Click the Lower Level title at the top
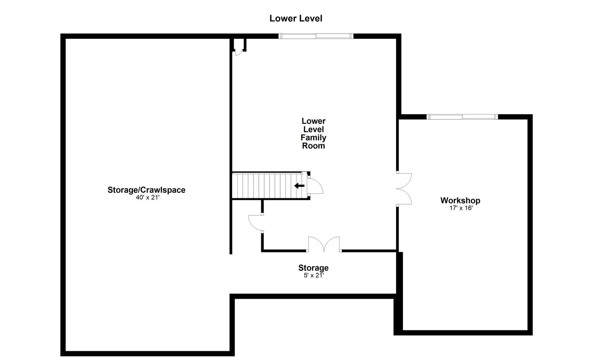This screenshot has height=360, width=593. (296, 19)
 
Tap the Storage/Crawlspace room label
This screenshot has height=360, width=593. (146, 190)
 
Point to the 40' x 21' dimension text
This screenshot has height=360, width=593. (147, 198)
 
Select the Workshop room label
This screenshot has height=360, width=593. (461, 201)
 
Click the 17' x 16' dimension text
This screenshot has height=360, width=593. (461, 208)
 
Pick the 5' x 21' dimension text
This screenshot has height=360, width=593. (314, 275)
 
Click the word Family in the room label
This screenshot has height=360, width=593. (313, 138)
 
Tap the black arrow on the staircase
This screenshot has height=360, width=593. (299, 186)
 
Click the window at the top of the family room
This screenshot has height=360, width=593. (316, 36)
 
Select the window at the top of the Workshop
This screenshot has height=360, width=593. (462, 117)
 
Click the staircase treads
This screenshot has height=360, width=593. (267, 186)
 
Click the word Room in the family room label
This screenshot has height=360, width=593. (313, 146)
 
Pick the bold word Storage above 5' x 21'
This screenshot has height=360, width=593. (313, 268)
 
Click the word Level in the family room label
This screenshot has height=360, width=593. (313, 130)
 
